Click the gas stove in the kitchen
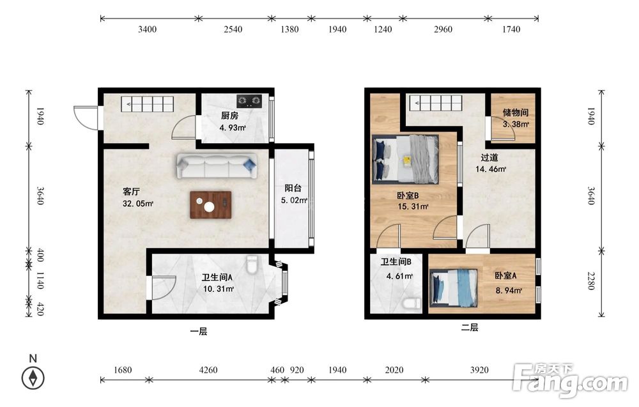[x=249, y=100]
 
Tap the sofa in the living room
[x=217, y=166]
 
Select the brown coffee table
[x=211, y=205]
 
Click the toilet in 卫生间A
[x=252, y=265]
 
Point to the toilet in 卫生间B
[x=411, y=303]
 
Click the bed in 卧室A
[x=454, y=288]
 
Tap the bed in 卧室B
[x=406, y=159]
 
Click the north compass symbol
[x=33, y=378]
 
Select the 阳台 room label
[x=293, y=188]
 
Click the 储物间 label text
[x=516, y=112]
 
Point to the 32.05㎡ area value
[x=138, y=203]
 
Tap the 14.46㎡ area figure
[x=491, y=169]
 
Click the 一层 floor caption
[x=199, y=332]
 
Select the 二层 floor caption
[x=470, y=327]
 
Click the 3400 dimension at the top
[x=147, y=29]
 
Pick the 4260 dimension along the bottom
[x=208, y=370]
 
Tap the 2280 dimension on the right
[x=591, y=280]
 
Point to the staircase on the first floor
[x=147, y=104]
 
